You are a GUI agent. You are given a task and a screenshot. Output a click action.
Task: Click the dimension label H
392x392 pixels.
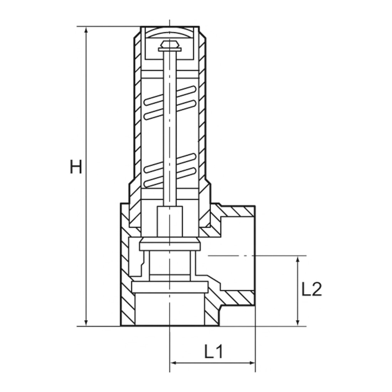pyautogui.click(x=76, y=167)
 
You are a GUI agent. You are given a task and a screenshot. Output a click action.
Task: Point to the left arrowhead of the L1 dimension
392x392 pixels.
pyautogui.click(x=174, y=362)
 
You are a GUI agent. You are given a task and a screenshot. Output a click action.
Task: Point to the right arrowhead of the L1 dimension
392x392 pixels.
pyautogui.click(x=251, y=362)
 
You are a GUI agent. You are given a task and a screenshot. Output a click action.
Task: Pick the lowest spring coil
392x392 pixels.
pyautogui.click(x=170, y=178)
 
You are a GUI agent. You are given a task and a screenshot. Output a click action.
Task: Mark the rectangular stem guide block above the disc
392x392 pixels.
pyautogui.click(x=170, y=222)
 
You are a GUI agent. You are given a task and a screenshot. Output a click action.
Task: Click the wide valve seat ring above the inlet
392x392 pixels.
pyautogui.click(x=170, y=287)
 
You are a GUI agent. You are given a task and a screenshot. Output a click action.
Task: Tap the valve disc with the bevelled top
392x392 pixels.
pyautogui.click(x=170, y=244)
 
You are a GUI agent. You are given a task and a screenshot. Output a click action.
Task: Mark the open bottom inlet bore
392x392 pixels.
pyautogui.click(x=170, y=309)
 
